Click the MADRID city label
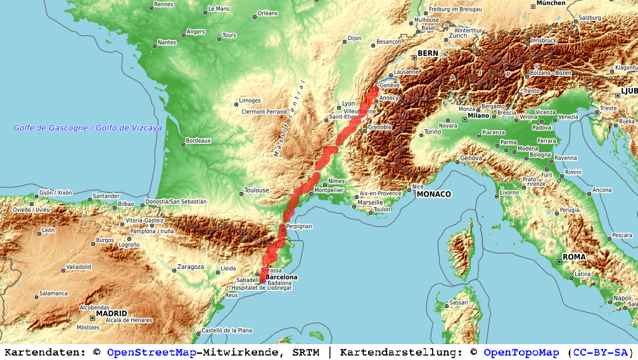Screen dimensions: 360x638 pos(112,313)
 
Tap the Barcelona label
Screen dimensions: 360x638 pos(282,277)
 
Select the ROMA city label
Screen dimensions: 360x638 pos(574,257)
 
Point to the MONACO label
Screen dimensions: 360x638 pos(433,194)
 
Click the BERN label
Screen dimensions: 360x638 pos(428,53)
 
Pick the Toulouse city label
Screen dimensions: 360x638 pos(257,190)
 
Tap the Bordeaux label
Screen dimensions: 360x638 pos(198,141)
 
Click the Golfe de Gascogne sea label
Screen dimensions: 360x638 pos(88,128)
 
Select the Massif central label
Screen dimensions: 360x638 pos(289,119)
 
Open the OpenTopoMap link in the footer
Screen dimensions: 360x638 pos(521,352)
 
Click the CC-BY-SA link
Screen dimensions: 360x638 pos(600,352)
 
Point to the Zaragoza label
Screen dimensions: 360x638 pos(191,267)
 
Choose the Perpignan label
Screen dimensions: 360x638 pos(299,226)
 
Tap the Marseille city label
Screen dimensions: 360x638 pos(371,202)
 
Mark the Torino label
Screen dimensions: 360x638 pos(433,132)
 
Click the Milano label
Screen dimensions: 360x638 pos(478,115)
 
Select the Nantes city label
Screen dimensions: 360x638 pos(167,42)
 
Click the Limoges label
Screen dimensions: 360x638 pos(250,100)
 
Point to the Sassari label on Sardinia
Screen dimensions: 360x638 pos(458,302)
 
